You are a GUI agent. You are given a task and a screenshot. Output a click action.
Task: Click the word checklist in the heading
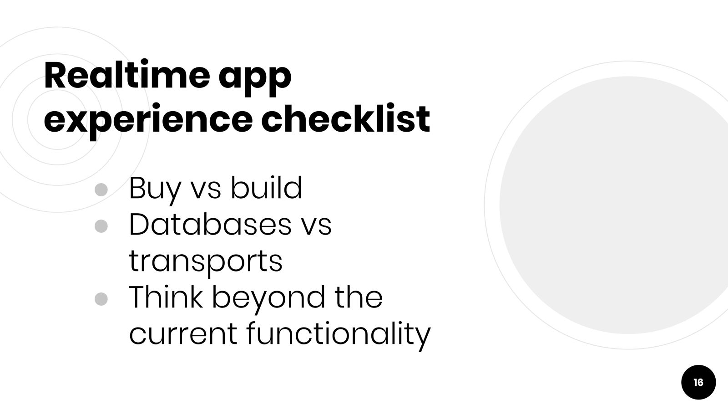[x=345, y=118]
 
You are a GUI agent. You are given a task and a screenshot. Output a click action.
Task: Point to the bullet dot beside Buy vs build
[x=101, y=190]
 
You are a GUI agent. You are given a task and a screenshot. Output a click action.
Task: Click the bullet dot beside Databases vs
[x=101, y=226]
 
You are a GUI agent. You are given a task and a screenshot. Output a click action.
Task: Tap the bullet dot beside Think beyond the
[x=101, y=299]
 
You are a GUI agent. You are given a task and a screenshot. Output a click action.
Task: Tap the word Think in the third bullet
[x=166, y=297]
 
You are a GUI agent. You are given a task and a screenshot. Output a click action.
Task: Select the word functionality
[x=339, y=336]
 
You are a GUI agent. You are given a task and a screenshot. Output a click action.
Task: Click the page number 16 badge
[x=698, y=382]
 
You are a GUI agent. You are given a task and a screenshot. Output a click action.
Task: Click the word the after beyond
[x=359, y=297]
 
